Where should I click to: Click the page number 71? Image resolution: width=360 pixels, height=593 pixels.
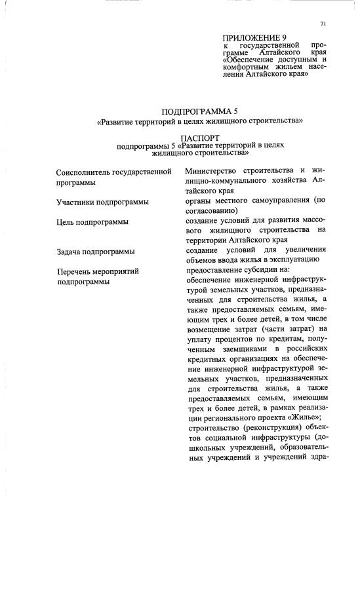[x=323, y=24]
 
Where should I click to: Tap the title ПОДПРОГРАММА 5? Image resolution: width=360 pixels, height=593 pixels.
[x=199, y=111]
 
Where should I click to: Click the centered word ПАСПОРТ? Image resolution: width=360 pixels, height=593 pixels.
[x=199, y=139]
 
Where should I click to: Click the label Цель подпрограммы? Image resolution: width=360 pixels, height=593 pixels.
[x=92, y=222]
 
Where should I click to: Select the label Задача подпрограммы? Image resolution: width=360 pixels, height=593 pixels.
[x=96, y=252]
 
